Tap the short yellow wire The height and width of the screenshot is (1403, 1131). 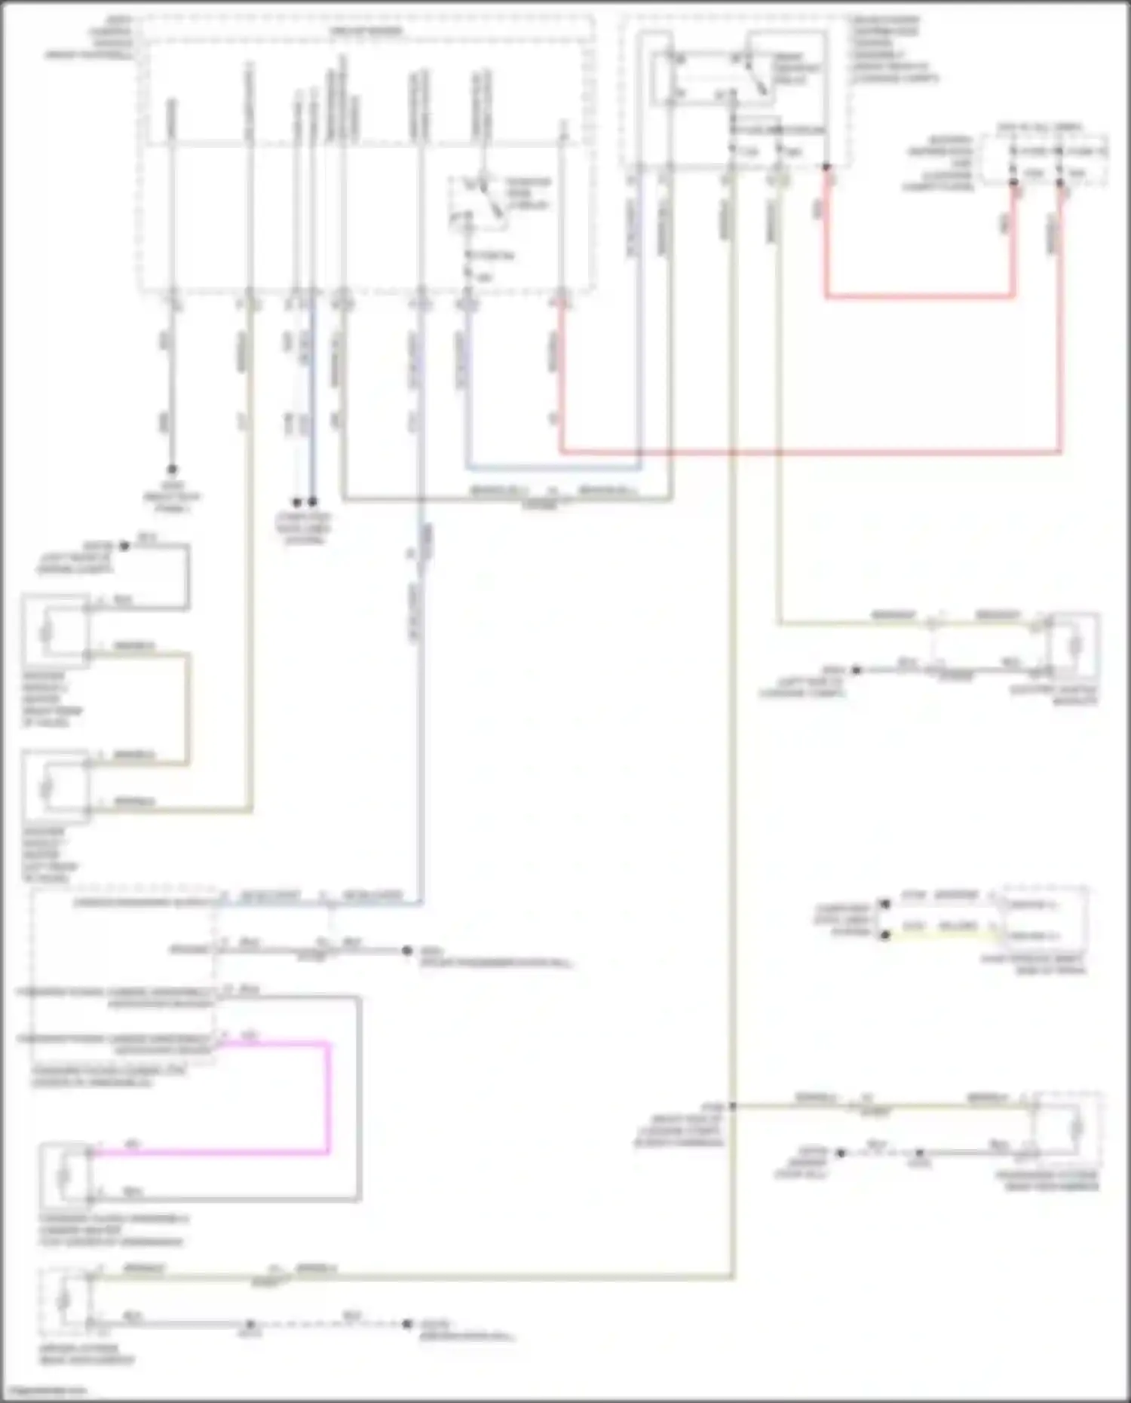click(942, 935)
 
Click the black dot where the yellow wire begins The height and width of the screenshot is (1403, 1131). click(885, 935)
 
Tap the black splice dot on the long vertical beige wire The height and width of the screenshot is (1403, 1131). click(731, 1107)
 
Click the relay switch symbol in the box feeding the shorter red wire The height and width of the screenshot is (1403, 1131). click(750, 75)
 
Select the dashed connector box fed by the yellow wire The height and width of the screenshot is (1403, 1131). click(1044, 920)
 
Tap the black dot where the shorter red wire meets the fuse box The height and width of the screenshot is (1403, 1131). click(1013, 183)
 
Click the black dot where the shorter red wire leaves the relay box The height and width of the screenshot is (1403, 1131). click(826, 167)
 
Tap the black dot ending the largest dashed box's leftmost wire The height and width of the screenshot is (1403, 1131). click(172, 469)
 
